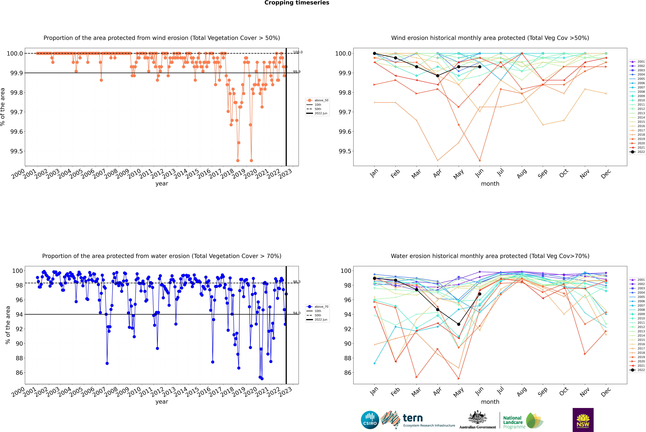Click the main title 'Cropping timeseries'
[x=297, y=3]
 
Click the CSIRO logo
[x=370, y=420]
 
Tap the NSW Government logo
[x=583, y=420]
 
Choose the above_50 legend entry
[x=317, y=100]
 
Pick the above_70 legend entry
[x=317, y=307]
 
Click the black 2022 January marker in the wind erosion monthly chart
[x=374, y=53]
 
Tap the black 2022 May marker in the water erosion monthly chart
[x=458, y=324]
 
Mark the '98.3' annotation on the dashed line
[x=297, y=282]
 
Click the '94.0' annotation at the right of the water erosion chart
[x=297, y=313]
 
